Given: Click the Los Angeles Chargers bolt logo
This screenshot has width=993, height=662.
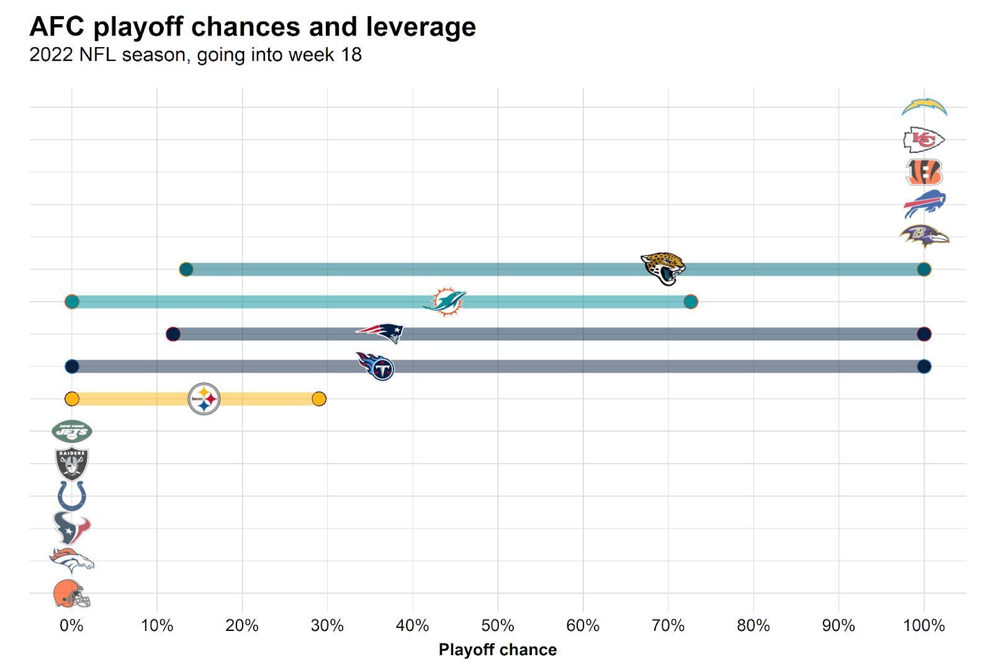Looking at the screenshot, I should click(x=924, y=107).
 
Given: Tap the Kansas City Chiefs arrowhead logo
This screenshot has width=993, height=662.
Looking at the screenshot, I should click(x=923, y=140).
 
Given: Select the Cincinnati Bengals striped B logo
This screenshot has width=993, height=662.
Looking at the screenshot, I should click(x=924, y=172).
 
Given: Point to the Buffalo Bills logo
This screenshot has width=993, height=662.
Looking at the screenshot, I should click(x=924, y=204).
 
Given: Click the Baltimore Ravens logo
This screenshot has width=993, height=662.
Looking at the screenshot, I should click(x=924, y=236).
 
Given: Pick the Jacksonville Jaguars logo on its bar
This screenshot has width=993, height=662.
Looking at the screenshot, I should click(x=663, y=268).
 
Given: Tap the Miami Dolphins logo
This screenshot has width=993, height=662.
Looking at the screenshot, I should click(x=445, y=302).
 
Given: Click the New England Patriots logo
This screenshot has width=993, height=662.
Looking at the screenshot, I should click(x=380, y=332).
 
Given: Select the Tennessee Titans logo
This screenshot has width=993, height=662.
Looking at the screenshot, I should click(x=376, y=366).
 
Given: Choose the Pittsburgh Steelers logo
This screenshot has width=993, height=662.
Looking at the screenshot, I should click(x=204, y=399).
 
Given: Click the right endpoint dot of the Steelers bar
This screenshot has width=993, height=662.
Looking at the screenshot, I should click(x=319, y=399).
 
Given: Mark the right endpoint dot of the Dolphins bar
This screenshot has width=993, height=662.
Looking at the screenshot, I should click(x=691, y=302).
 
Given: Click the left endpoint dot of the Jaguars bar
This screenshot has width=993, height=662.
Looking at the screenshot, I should click(x=186, y=270).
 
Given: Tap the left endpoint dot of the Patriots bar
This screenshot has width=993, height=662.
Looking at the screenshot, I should click(x=173, y=334).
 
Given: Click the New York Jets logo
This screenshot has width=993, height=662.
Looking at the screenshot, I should click(x=72, y=432).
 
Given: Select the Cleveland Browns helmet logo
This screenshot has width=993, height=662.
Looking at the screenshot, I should click(x=71, y=594).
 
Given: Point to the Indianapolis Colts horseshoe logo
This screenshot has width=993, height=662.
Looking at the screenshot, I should click(x=72, y=496).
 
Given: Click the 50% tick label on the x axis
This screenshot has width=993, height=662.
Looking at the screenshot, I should click(x=498, y=625).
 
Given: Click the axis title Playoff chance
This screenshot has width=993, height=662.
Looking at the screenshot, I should click(x=498, y=650).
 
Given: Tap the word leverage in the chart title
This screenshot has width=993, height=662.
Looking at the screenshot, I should click(x=421, y=27).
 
